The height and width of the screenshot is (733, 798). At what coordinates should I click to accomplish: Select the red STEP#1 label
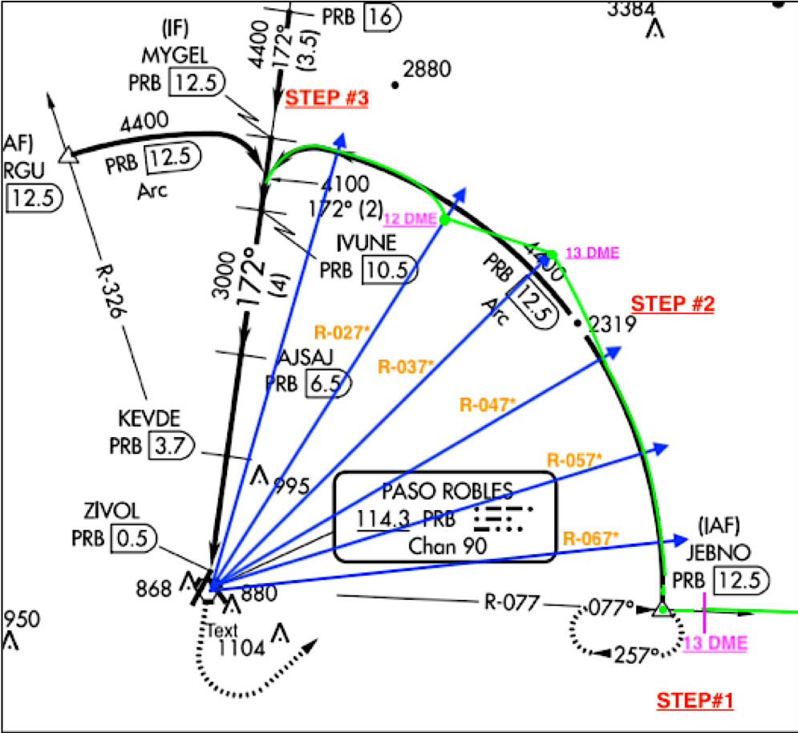tap(695, 700)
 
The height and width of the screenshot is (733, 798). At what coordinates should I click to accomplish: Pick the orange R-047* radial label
tap(487, 404)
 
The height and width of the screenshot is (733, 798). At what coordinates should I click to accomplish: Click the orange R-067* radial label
tap(590, 537)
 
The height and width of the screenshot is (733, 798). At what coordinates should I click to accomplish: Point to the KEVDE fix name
tap(148, 419)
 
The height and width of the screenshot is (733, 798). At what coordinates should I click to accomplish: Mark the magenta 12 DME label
tap(411, 219)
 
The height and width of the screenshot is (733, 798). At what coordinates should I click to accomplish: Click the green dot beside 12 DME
tap(444, 220)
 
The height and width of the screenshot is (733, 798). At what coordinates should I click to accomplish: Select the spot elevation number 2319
tap(612, 324)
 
